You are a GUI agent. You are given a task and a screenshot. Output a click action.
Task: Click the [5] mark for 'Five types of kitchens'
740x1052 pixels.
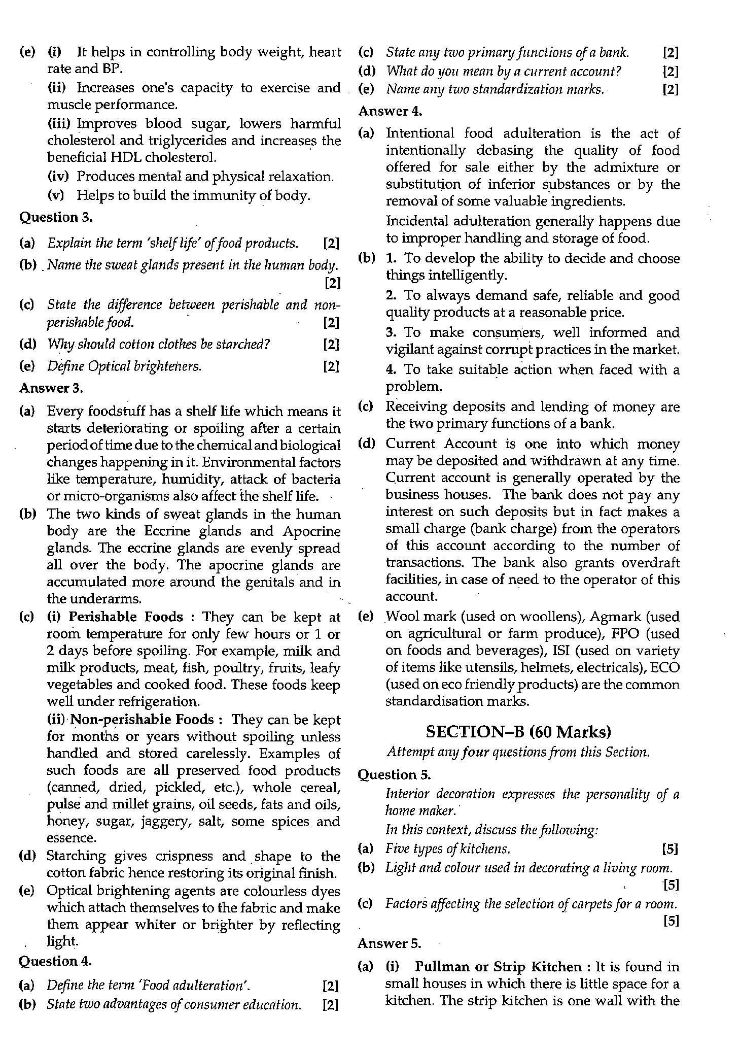(x=670, y=849)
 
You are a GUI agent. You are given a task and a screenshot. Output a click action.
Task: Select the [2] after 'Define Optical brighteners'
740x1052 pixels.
(x=331, y=366)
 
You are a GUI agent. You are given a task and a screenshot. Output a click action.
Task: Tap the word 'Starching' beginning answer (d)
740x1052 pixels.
(x=76, y=857)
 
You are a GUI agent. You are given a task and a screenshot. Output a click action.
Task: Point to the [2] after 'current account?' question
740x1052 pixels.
(x=670, y=72)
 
